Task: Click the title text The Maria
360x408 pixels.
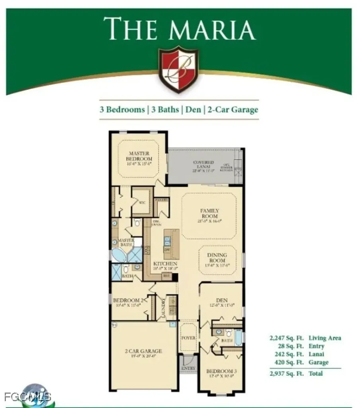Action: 179,29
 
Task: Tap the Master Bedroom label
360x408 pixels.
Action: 139,156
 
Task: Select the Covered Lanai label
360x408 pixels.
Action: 203,165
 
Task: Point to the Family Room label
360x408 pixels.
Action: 209,213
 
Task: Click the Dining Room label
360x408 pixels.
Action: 217,257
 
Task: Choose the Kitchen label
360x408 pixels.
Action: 165,264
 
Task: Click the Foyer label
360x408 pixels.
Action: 188,338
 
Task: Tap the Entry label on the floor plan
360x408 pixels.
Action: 188,368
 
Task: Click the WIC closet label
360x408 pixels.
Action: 141,202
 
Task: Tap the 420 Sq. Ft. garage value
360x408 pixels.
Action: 287,362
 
